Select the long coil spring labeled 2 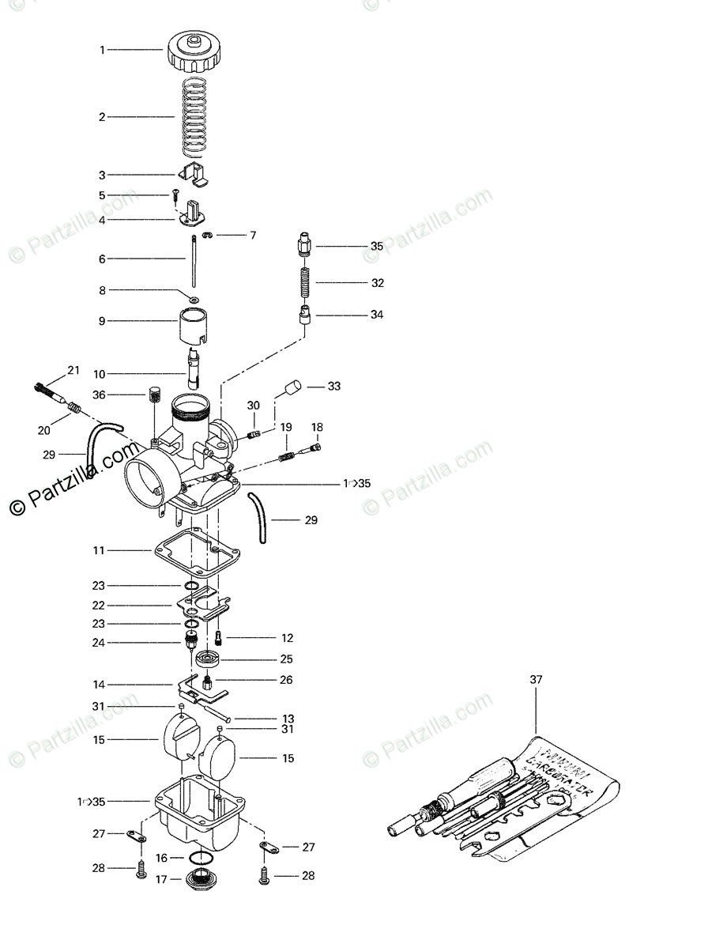tap(194, 116)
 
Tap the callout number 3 tap(102, 175)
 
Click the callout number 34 tap(377, 315)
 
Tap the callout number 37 tap(537, 679)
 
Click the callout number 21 tap(73, 370)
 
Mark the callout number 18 tap(317, 427)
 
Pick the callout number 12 tap(286, 637)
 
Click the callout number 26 tap(286, 679)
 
